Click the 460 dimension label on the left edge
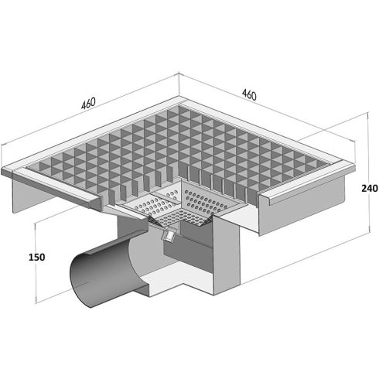pos(88,103)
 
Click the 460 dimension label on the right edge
pos(249,94)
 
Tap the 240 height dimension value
pos(370,189)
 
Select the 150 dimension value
pos(36,257)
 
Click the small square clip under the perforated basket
pos(169,235)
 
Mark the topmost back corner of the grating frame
pos(179,96)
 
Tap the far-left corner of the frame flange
pos(2,171)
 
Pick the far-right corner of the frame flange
pos(355,164)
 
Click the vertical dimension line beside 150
pos(36,263)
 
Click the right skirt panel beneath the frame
pos(302,207)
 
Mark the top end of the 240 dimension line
pos(369,112)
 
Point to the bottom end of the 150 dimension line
pos(36,302)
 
